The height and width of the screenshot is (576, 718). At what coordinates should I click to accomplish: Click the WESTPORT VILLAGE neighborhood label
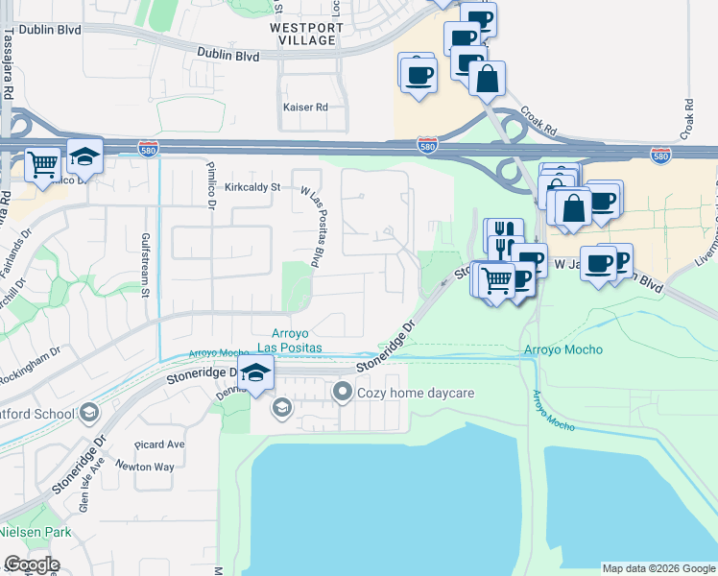tap(306, 35)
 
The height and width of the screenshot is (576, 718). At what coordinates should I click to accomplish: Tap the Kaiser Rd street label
tap(306, 108)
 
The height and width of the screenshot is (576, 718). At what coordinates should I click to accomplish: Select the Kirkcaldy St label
tap(251, 187)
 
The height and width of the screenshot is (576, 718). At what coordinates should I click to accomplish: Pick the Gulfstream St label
tap(146, 264)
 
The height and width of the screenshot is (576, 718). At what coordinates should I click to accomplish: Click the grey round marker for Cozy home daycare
tap(343, 392)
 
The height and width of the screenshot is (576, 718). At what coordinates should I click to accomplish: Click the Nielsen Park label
tap(27, 531)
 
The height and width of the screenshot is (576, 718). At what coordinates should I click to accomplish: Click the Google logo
tap(32, 564)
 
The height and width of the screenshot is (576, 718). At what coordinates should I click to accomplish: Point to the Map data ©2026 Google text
tap(658, 568)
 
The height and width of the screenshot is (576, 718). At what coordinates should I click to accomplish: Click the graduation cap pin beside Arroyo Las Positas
tap(256, 373)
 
